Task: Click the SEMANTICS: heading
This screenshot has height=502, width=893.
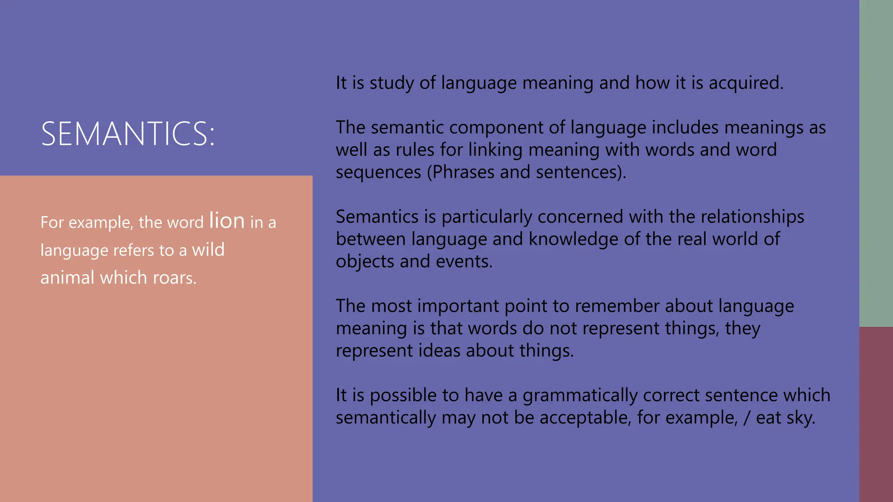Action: [x=128, y=133]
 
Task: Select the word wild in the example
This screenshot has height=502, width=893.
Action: [x=208, y=250]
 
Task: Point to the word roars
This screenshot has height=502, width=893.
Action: [x=173, y=278]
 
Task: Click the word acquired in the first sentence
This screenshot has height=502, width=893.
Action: [x=746, y=83]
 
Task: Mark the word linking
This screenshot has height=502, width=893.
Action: [x=495, y=150]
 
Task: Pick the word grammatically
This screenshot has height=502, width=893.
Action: [x=580, y=396]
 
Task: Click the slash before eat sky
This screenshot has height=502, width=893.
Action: [x=747, y=418]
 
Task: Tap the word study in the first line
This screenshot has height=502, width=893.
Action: [x=392, y=83]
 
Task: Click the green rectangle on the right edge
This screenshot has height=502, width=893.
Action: [x=876, y=163]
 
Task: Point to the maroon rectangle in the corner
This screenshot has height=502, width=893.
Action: [x=876, y=414]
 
